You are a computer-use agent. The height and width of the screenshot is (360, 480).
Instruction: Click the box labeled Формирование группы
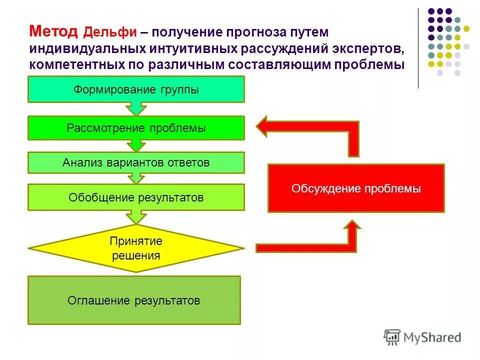(x=136, y=89)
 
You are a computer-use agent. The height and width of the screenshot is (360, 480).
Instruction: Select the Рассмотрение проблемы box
(x=136, y=128)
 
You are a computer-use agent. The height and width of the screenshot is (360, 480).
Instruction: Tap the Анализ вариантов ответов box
(x=136, y=163)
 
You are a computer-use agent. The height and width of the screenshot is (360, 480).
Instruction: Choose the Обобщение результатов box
(x=136, y=197)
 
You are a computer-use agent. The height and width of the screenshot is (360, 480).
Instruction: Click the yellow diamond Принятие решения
(x=136, y=248)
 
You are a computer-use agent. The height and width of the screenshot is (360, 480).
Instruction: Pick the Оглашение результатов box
(x=134, y=300)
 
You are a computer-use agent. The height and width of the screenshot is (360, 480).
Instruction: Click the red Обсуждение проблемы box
(x=356, y=188)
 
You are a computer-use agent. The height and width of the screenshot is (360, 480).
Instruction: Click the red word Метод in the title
(x=54, y=32)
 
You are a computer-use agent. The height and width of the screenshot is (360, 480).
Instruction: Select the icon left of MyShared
(x=392, y=336)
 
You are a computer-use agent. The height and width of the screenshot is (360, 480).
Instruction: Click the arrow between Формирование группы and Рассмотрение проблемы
(x=136, y=109)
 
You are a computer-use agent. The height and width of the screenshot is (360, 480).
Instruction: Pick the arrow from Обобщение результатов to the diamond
(x=136, y=216)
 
